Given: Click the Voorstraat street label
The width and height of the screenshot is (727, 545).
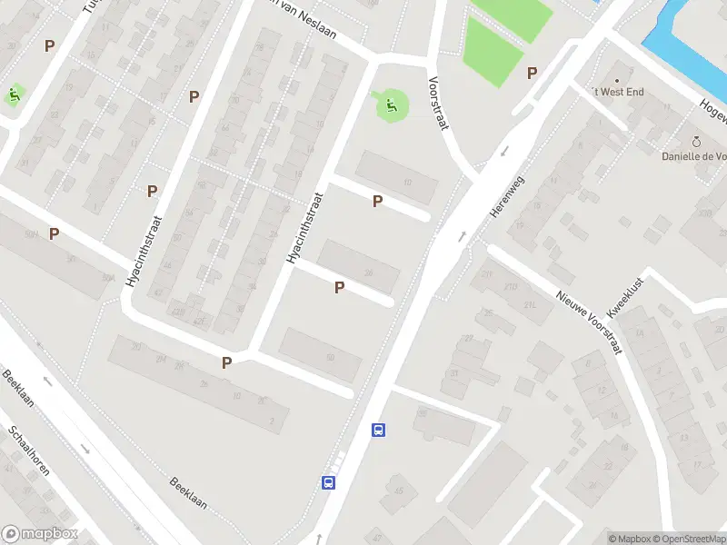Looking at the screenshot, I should [439, 103].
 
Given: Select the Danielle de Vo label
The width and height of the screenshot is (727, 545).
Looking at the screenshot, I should [693, 156].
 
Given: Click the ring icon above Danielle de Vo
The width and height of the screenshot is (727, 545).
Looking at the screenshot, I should [697, 142].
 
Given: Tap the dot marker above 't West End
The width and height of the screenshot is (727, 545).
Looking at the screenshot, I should [623, 78].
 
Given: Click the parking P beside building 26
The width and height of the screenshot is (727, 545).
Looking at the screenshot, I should [339, 287].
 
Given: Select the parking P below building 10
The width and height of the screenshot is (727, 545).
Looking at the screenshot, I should [377, 201].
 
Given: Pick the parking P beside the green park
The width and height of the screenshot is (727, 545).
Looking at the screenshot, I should [532, 74].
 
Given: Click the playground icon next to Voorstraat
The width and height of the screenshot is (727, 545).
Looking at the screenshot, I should [392, 106].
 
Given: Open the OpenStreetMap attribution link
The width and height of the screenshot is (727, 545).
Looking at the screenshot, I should [687, 539].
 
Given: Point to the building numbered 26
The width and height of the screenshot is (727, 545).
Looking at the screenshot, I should [368, 272].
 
